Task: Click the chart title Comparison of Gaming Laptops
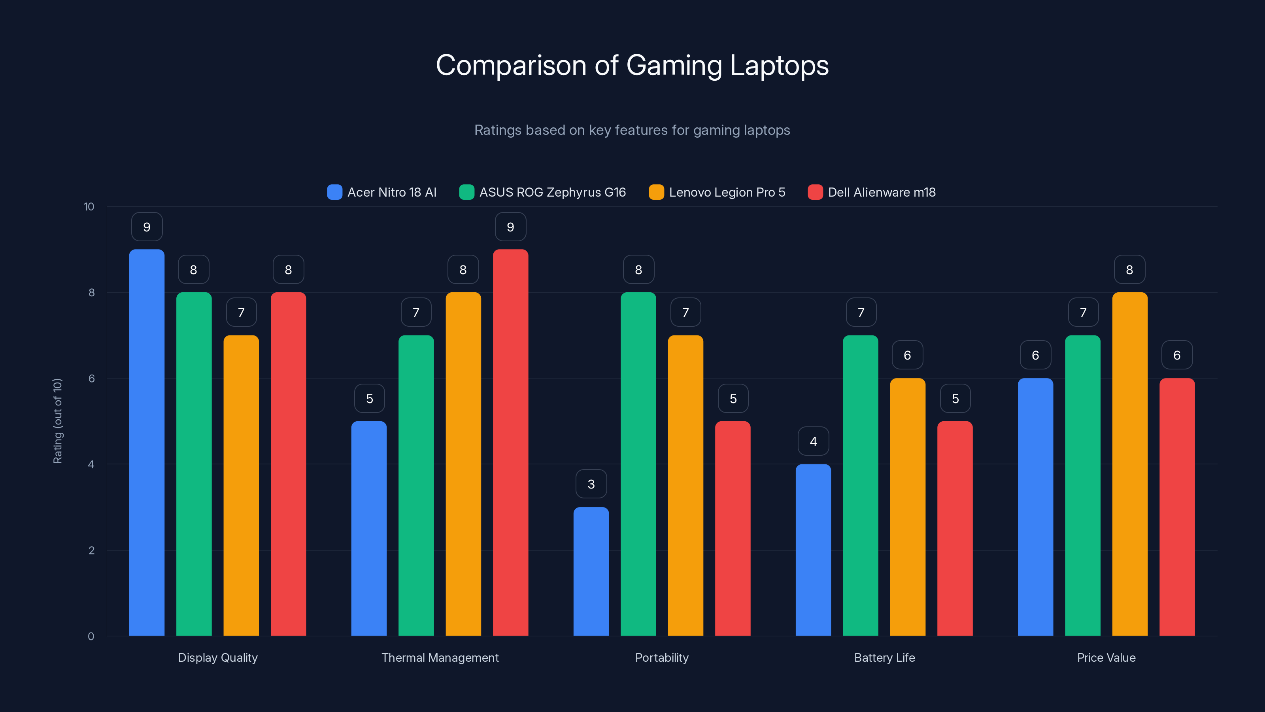632,65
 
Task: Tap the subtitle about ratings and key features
632,130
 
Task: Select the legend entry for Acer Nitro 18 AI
382,192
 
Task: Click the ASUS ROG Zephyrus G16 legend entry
543,192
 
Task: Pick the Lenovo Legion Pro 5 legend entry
717,192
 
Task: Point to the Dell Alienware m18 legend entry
872,192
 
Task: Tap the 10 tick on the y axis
89,206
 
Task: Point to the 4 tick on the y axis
91,464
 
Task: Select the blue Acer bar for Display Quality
147,442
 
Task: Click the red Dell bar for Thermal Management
510,442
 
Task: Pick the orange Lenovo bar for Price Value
1129,464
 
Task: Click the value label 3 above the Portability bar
591,484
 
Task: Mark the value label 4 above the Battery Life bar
813,441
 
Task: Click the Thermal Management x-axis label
440,657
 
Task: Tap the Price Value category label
1106,657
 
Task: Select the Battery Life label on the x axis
884,657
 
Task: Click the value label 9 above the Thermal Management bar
510,227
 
